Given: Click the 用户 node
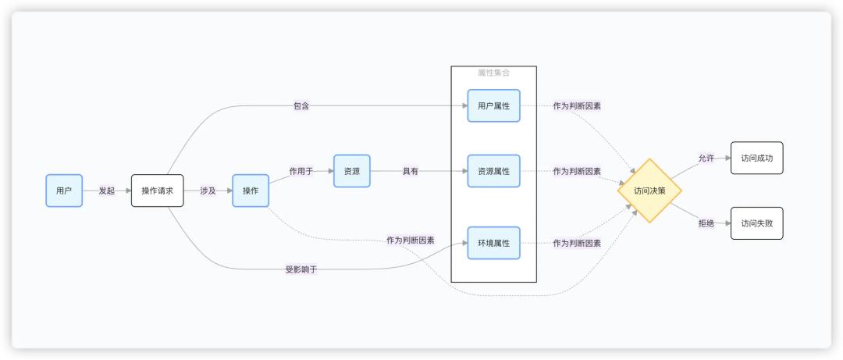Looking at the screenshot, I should pos(64,191).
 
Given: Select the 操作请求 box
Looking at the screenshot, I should pos(157,191).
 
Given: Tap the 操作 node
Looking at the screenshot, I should pos(251,191).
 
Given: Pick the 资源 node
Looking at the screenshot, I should pos(352,171).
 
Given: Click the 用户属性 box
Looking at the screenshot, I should pos(493,105).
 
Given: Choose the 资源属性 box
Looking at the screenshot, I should pos(493,171).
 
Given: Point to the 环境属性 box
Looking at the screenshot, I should pos(493,243).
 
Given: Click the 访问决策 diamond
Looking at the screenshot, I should pos(649,191).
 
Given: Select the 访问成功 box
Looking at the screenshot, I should pos(756,158).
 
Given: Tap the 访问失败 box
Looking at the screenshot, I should pos(756,223).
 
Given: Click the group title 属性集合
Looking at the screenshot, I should pos(493,73).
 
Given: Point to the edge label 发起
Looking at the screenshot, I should pos(107,191).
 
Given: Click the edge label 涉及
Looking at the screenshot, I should pos(208,191).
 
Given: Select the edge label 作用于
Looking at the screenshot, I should pos(301,171).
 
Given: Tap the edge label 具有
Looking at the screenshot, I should pos(411,171).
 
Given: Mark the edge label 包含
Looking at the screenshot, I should pos(301,105).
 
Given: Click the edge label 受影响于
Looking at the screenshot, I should pos(301,269).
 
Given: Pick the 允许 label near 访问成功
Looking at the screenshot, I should pos(706,158).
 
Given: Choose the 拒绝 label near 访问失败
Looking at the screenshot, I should pos(706,223).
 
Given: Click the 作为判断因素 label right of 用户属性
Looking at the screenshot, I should pos(577,105).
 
